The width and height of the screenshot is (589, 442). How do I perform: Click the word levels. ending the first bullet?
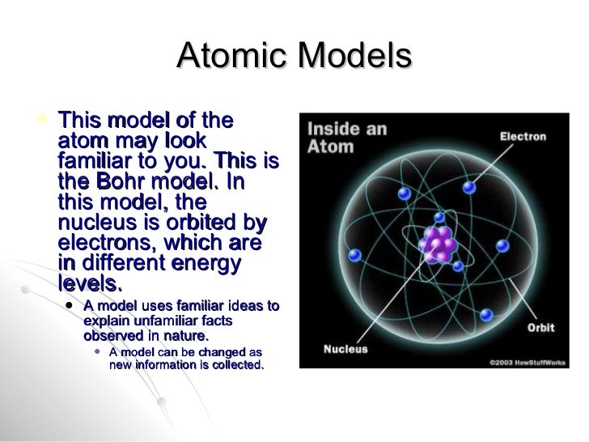(x=90, y=284)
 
